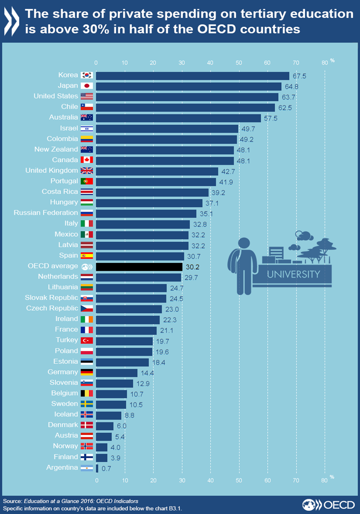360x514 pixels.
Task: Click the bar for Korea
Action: (192, 76)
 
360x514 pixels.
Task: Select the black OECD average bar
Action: (139, 266)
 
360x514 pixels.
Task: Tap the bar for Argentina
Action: (97, 468)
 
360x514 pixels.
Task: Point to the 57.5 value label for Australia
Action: (270, 118)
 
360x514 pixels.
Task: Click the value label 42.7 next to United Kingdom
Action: (228, 171)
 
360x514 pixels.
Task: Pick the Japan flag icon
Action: (87, 86)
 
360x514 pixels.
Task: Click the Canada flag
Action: (87, 160)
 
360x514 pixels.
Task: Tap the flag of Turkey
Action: (87, 340)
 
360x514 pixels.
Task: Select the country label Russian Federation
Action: (46, 213)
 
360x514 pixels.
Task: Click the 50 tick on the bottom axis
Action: (239, 480)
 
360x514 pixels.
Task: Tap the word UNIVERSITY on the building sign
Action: (293, 274)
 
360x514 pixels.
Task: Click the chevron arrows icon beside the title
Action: (12, 21)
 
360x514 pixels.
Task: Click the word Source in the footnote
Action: (12, 501)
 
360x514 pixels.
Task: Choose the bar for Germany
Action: (116, 373)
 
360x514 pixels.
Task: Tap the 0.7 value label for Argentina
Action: (107, 468)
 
